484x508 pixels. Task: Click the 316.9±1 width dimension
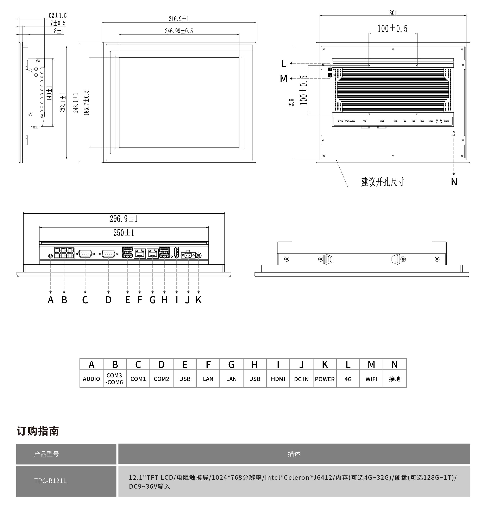[x=179, y=19]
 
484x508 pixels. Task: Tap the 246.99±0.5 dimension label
[x=179, y=31]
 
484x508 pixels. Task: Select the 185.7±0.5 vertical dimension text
[x=86, y=102]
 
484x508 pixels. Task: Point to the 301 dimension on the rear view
[x=393, y=13]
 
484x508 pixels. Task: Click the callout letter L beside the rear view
[x=284, y=63]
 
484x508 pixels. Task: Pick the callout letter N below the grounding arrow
[x=454, y=182]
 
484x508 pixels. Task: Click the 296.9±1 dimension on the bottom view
[x=124, y=219]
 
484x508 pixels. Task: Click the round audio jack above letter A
[x=51, y=256]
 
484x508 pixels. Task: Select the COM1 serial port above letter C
[x=85, y=254]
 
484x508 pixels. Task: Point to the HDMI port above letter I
[x=176, y=252]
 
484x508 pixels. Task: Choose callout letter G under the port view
[x=152, y=300]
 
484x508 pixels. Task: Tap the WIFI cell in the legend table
[x=371, y=379]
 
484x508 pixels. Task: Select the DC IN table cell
[x=301, y=379]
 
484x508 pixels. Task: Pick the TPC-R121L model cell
[x=50, y=481]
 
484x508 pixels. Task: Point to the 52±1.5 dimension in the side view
[x=58, y=16]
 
